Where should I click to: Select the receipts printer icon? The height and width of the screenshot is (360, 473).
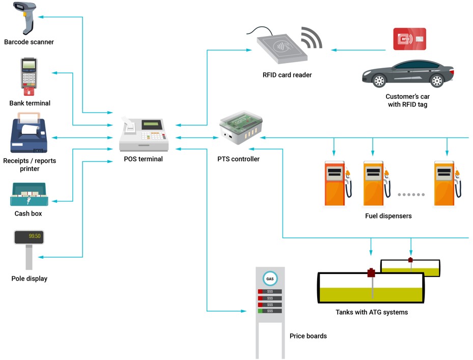pos(29,135)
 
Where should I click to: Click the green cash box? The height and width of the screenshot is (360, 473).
pos(29,195)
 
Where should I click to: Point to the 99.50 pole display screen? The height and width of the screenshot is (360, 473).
pos(29,237)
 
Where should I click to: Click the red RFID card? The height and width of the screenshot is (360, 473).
pos(409,39)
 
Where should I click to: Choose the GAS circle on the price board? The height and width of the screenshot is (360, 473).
pos(270,279)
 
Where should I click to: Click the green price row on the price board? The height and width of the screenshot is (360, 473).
pos(270,311)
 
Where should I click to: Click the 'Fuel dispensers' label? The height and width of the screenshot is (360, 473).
pos(388,216)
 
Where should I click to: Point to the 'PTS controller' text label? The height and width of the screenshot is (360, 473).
pos(238,159)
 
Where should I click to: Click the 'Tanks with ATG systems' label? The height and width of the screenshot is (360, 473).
pos(372,312)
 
